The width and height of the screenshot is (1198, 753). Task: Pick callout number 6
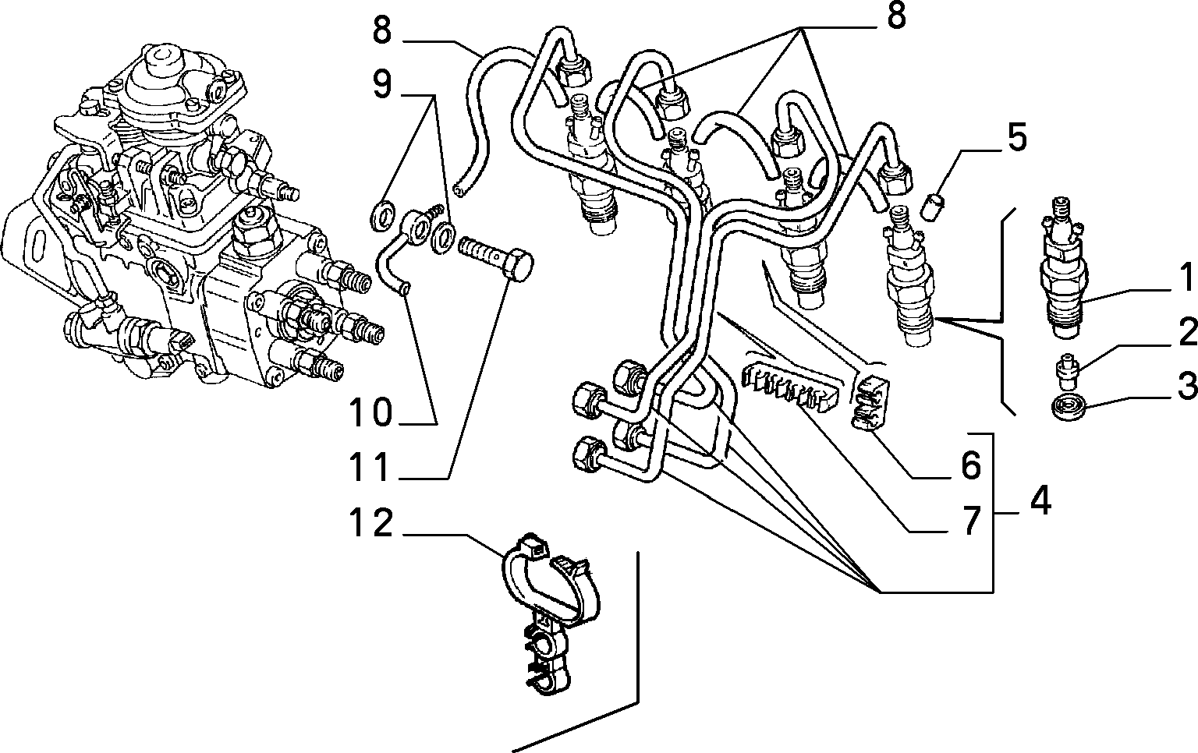coord(972,465)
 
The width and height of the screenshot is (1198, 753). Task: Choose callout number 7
coord(972,519)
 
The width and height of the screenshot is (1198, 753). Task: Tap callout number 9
coord(382,84)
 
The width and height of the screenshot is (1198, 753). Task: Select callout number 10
coord(370,412)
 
